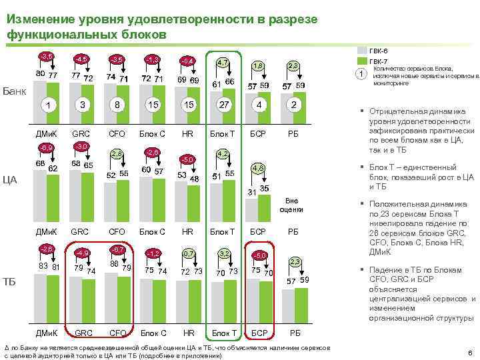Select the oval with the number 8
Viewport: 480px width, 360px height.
117,105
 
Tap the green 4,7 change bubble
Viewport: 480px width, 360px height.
224,63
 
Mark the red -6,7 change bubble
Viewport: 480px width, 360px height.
117,249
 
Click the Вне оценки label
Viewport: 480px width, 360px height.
293,205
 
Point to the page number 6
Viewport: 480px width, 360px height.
470,353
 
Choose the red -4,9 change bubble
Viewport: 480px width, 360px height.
81,253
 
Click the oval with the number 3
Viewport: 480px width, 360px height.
82,105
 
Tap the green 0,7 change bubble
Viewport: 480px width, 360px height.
189,253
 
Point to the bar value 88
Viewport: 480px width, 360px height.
114,264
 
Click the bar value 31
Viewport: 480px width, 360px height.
252,193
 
